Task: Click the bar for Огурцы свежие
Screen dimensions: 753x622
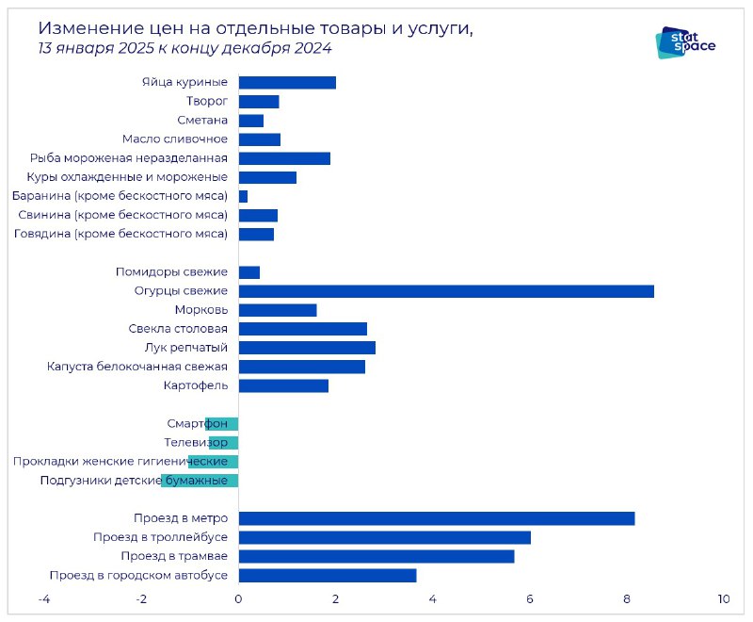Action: pyautogui.click(x=446, y=291)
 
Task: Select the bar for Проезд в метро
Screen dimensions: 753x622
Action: pyautogui.click(x=437, y=518)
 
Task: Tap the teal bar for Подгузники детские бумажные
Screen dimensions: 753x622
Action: pyautogui.click(x=200, y=481)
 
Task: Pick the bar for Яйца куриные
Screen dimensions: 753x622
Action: pyautogui.click(x=287, y=83)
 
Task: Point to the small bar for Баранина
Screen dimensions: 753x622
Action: pyautogui.click(x=243, y=197)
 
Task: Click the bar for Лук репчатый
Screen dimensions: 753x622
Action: pyautogui.click(x=307, y=348)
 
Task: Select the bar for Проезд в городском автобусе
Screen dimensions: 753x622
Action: pyautogui.click(x=328, y=576)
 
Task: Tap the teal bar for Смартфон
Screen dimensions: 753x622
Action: pyautogui.click(x=222, y=424)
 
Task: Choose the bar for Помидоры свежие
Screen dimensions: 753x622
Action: pyautogui.click(x=249, y=272)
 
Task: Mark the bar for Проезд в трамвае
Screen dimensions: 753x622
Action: pyautogui.click(x=376, y=557)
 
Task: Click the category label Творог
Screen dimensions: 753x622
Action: pyautogui.click(x=207, y=102)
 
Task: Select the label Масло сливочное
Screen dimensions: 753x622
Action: pyautogui.click(x=175, y=139)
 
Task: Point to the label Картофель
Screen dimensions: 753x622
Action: pyautogui.click(x=196, y=385)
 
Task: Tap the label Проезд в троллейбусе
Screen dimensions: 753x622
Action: pyautogui.click(x=160, y=537)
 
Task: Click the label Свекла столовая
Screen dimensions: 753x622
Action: pyautogui.click(x=178, y=329)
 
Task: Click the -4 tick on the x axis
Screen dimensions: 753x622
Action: pyautogui.click(x=44, y=599)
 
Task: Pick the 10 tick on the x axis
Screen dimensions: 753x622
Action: pyautogui.click(x=724, y=599)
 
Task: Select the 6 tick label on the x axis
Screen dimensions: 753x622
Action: pyautogui.click(x=530, y=599)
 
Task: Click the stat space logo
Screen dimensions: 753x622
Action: pyautogui.click(x=685, y=42)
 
